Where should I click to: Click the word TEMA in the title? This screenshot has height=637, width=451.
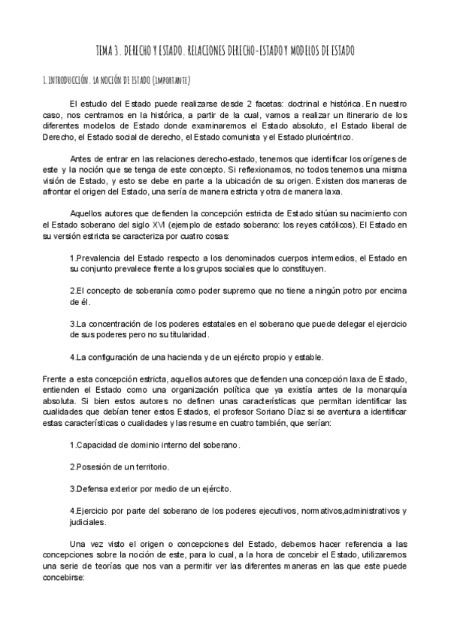tap(105, 51)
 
